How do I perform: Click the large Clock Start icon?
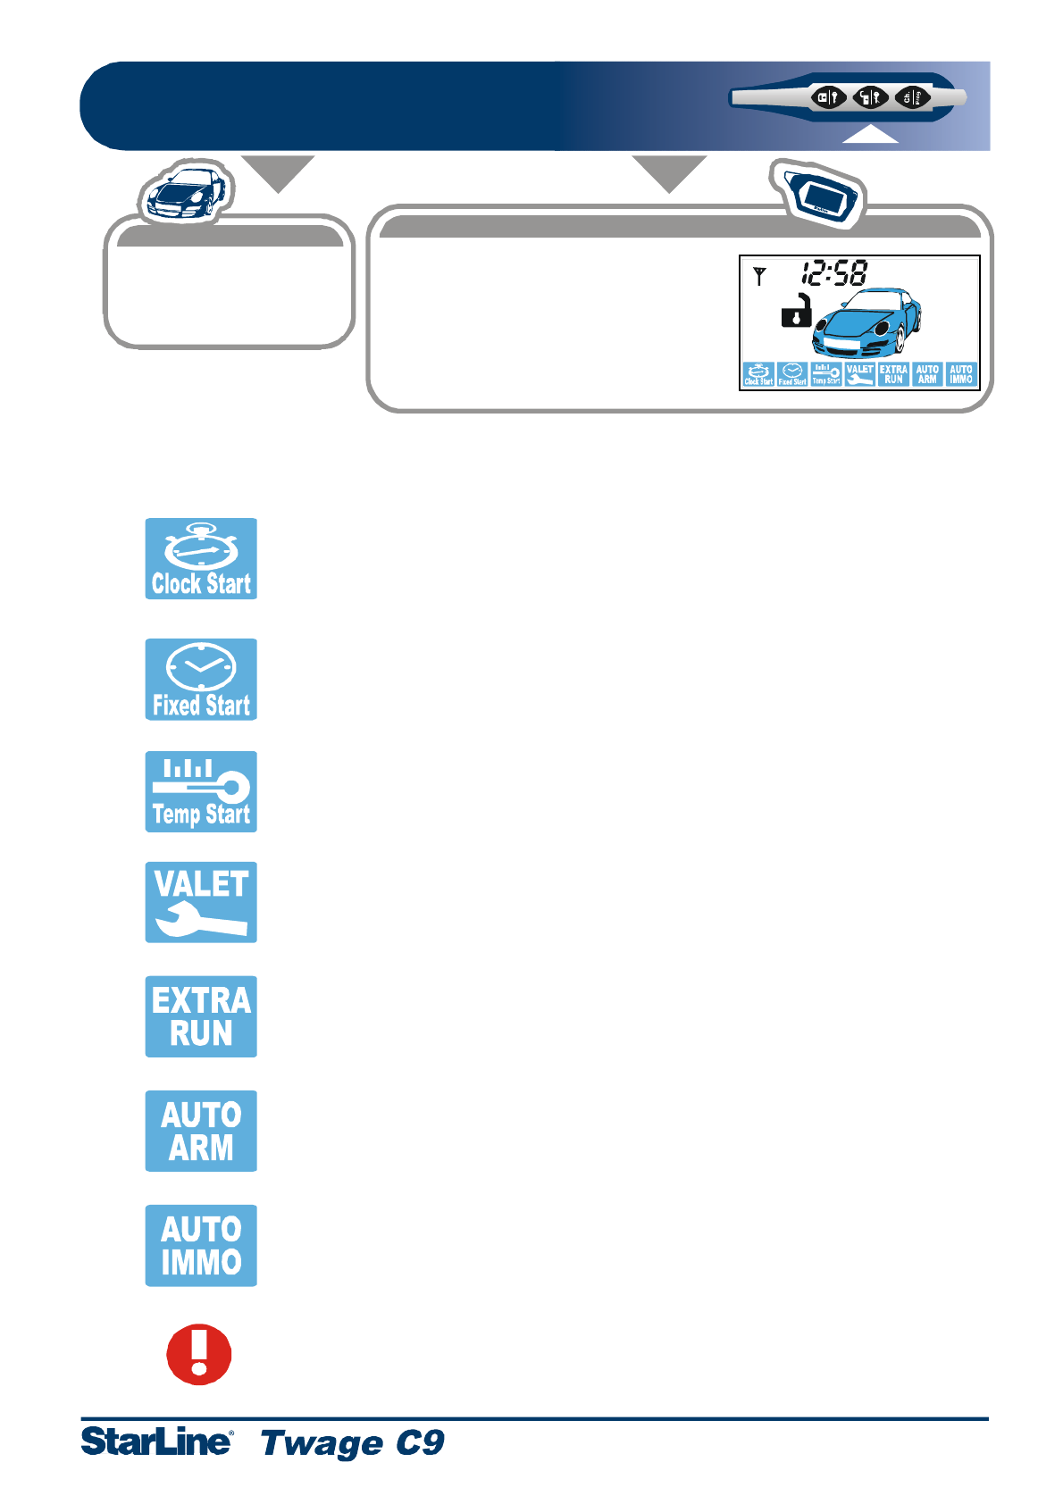coord(201,558)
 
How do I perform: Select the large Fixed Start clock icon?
coord(201,679)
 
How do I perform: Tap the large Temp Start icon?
coord(201,791)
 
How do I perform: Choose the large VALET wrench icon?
coord(201,902)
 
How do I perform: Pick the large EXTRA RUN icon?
coord(201,1016)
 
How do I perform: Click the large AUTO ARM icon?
coord(201,1131)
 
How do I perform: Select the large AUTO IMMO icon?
coord(201,1245)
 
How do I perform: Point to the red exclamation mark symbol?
coord(199,1354)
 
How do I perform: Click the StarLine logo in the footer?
coord(157,1441)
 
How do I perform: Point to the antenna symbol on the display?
coord(759,276)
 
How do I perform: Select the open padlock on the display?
coord(796,310)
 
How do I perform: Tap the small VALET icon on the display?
coord(859,374)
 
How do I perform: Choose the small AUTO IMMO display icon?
coord(961,374)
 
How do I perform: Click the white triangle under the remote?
coord(870,135)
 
